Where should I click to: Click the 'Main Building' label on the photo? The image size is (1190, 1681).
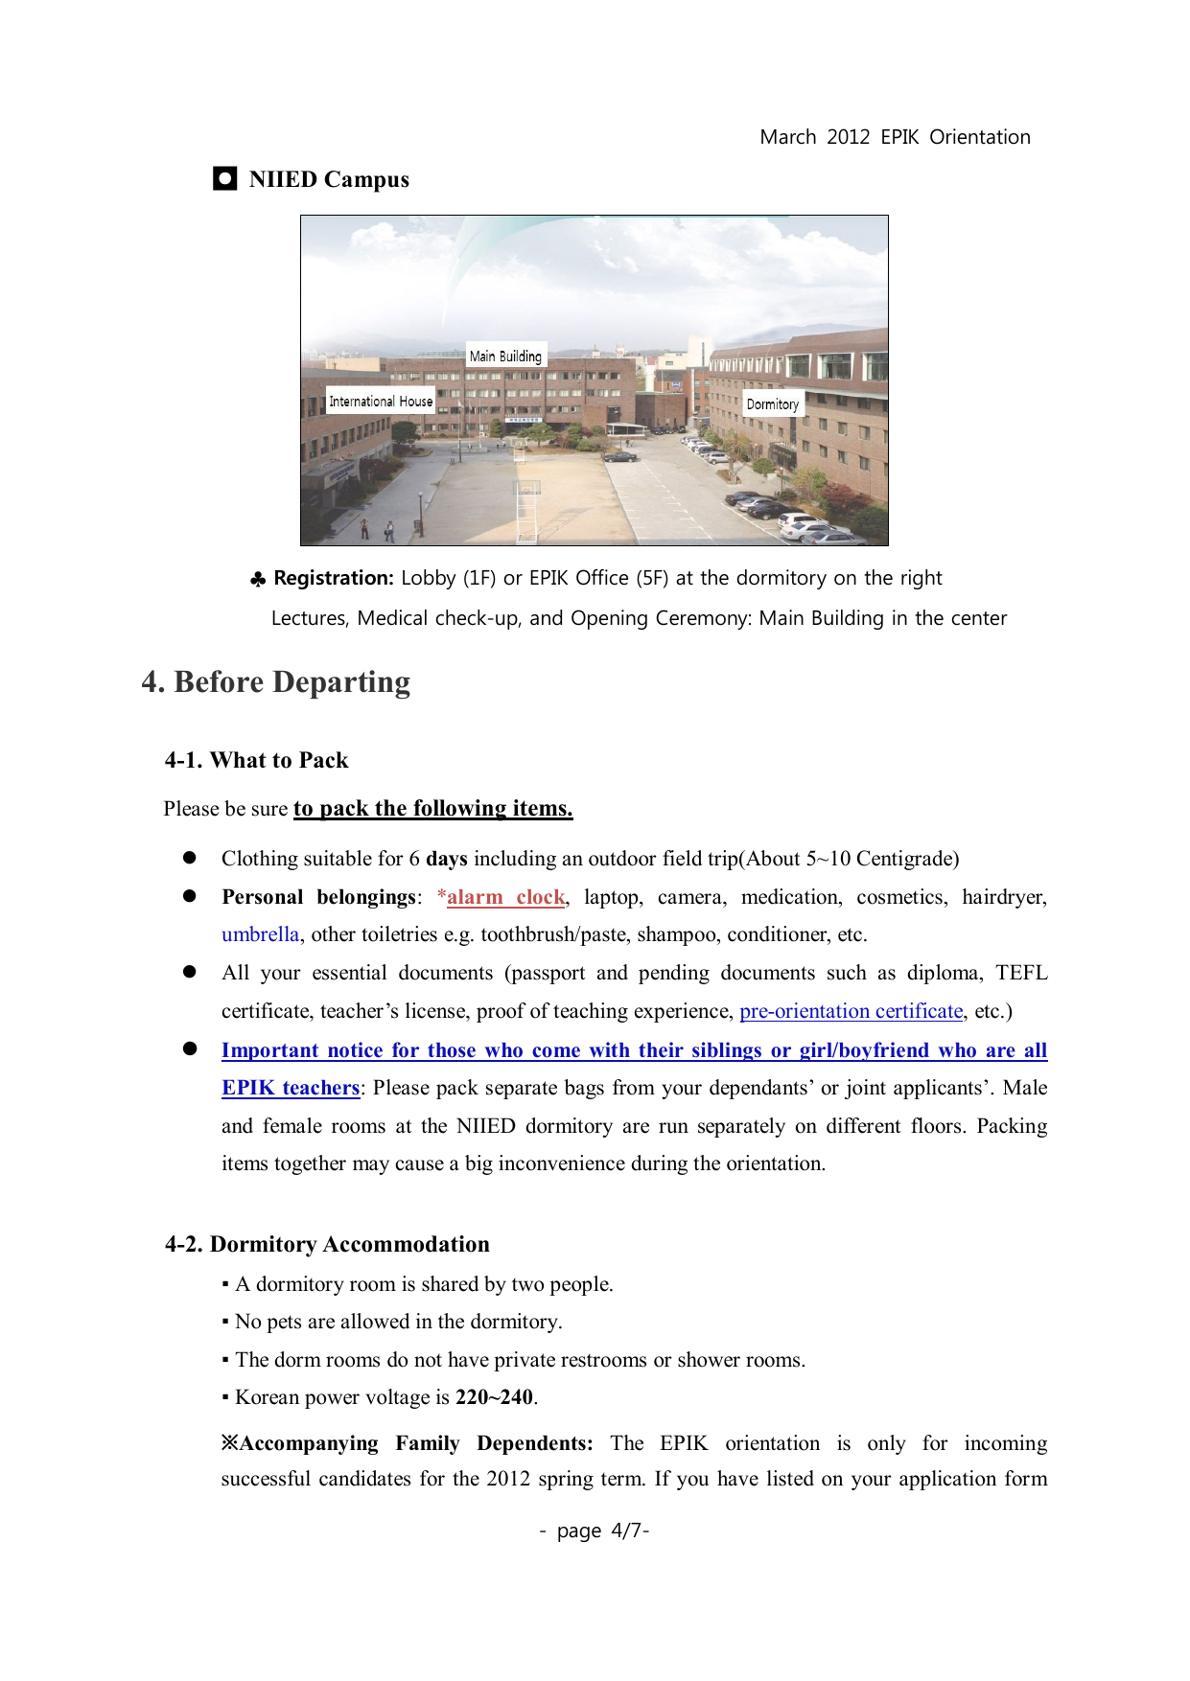(505, 357)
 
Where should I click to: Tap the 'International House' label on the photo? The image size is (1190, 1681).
(381, 402)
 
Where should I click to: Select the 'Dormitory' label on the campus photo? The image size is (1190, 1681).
(772, 404)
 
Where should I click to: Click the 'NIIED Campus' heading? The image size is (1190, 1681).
(329, 180)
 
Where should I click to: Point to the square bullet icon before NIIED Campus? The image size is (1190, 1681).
(224, 179)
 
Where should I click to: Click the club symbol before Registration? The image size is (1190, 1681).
(257, 580)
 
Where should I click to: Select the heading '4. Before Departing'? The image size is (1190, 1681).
(276, 682)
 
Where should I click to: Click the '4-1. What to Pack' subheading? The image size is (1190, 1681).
(256, 761)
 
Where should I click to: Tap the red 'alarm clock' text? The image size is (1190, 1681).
(505, 898)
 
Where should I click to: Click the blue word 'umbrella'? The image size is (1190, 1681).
(260, 935)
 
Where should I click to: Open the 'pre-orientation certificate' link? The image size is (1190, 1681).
(851, 1012)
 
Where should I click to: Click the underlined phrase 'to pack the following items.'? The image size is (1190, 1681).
(432, 809)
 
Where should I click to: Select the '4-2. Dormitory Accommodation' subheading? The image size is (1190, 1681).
(327, 1245)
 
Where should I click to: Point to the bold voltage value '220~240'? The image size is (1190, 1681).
(494, 1398)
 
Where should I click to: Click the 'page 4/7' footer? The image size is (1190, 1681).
(594, 1531)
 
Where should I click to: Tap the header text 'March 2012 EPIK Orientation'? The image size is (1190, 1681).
(895, 137)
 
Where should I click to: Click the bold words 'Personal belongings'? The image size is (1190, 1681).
(318, 898)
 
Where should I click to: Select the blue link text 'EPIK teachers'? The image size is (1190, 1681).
(291, 1089)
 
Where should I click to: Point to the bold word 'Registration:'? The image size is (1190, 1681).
(334, 579)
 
